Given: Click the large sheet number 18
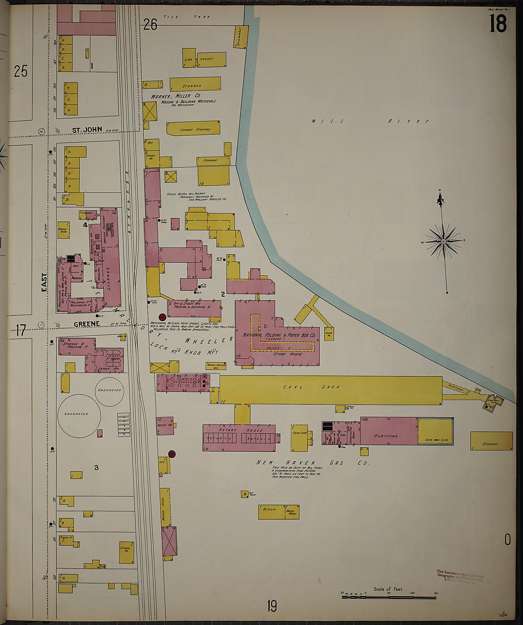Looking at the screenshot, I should (498, 25).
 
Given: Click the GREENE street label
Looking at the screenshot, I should (87, 324).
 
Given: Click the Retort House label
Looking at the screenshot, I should (241, 430).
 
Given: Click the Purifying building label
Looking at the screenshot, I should (386, 436).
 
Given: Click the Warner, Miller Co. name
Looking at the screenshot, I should (175, 96).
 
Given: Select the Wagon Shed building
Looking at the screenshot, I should (165, 507).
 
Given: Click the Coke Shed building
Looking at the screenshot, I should (300, 438).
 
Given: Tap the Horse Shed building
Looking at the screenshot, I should (63, 230).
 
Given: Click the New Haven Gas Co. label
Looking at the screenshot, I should (313, 463).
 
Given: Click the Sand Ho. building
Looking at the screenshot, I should (329, 334).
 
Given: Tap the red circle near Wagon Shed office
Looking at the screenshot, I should (172, 454).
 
